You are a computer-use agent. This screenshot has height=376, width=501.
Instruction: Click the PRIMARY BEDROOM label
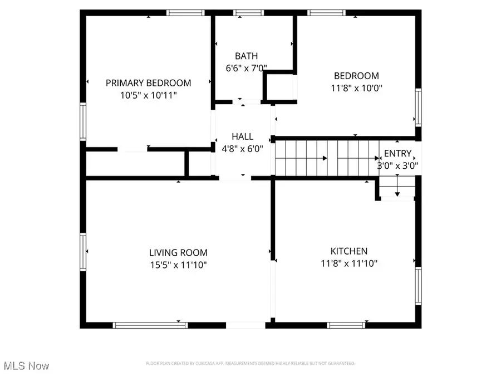tap(148, 83)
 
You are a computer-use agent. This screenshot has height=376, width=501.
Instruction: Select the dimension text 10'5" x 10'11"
tap(148, 95)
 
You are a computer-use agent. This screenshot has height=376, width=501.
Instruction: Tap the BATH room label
tap(246, 56)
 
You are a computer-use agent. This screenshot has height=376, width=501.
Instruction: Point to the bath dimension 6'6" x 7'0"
tap(246, 68)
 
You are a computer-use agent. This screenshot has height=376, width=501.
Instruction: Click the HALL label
tap(242, 136)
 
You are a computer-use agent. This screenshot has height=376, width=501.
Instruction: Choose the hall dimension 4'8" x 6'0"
tap(242, 149)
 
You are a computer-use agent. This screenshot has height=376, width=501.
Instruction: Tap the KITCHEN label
tap(348, 251)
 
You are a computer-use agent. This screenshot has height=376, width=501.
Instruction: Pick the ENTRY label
tap(398, 153)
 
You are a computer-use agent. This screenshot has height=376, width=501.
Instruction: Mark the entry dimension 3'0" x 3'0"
tap(398, 165)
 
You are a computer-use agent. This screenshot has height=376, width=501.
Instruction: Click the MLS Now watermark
tap(26, 366)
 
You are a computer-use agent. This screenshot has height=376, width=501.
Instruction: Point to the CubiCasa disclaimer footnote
tap(250, 364)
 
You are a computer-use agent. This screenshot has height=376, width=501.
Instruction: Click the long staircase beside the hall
tap(326, 158)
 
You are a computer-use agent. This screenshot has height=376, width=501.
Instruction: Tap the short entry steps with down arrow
tap(397, 187)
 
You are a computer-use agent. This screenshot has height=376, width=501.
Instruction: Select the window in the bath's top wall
tap(244, 12)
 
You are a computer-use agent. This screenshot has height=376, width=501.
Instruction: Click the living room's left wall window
tap(83, 251)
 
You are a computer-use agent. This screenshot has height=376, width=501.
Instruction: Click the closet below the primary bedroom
tap(135, 163)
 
